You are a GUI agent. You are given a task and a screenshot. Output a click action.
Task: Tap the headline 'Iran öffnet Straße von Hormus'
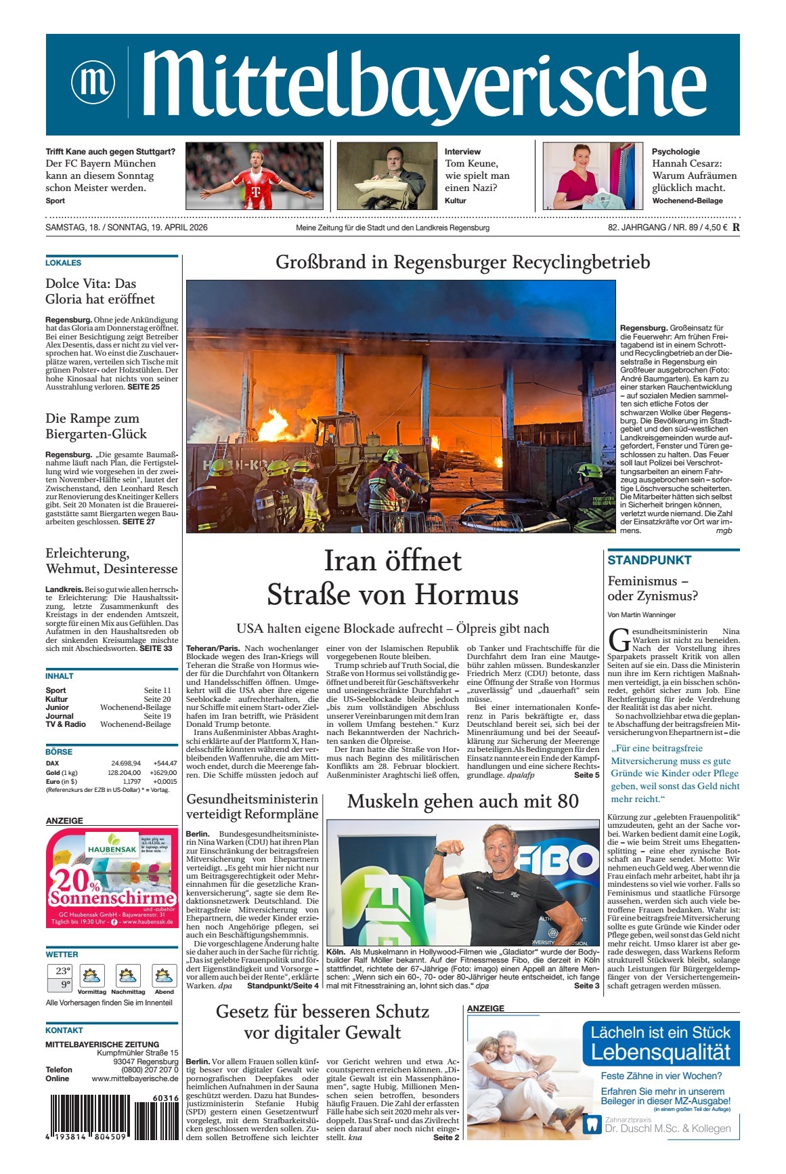click(393, 578)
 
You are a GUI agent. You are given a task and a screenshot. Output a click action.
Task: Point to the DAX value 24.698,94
click(126, 763)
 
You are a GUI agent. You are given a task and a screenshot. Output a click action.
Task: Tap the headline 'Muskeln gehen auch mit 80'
click(463, 801)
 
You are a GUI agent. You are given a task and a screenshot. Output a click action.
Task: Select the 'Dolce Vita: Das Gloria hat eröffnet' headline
click(100, 291)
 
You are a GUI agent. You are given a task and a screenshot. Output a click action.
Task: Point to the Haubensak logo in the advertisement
click(112, 848)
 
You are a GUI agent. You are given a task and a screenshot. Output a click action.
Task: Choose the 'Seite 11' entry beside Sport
click(157, 690)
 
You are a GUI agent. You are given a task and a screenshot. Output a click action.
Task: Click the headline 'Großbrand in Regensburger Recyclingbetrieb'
click(462, 262)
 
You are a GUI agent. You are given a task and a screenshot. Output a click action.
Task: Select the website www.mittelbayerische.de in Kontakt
click(135, 1078)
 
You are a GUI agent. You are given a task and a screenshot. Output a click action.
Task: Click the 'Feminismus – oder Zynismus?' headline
click(653, 589)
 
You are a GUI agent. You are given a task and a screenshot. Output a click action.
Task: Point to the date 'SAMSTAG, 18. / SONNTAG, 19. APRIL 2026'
click(127, 228)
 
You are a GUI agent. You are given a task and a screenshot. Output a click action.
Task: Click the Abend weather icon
click(164, 976)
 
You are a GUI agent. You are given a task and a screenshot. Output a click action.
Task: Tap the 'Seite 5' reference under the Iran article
click(586, 775)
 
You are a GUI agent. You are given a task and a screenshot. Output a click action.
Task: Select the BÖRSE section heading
click(59, 752)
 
